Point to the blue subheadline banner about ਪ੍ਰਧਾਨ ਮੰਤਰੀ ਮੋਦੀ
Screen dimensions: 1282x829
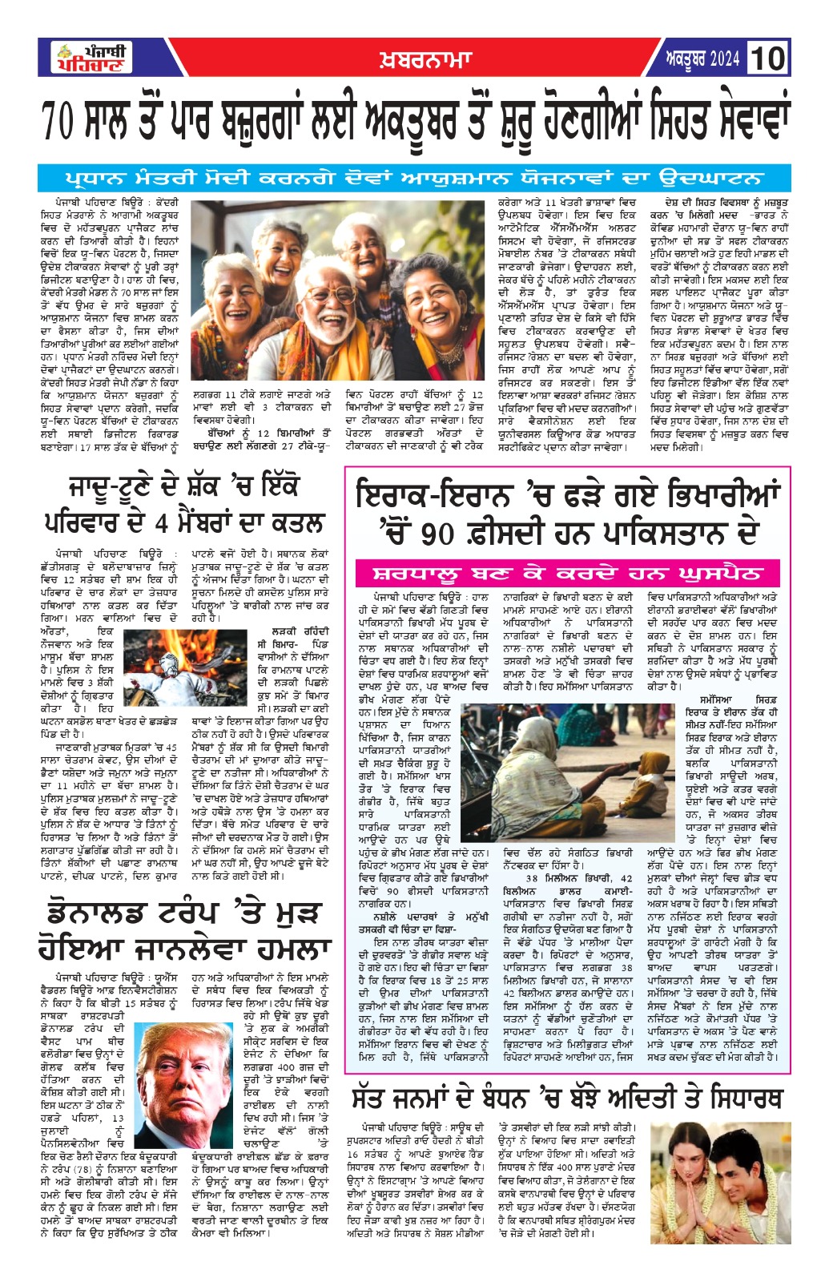(x=414, y=178)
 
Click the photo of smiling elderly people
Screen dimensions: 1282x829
(x=337, y=290)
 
